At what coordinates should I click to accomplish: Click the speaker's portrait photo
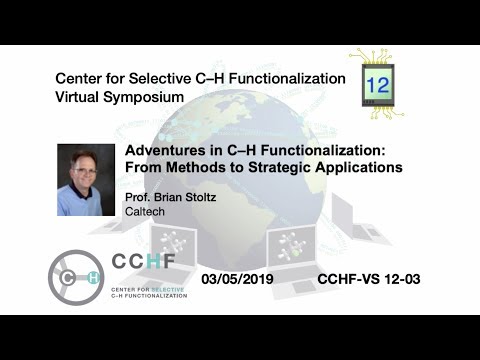86,180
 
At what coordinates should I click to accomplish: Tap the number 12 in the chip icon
377,85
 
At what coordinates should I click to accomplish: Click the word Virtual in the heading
79,98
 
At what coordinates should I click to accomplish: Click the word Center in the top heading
81,78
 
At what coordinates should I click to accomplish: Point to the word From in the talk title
146,167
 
